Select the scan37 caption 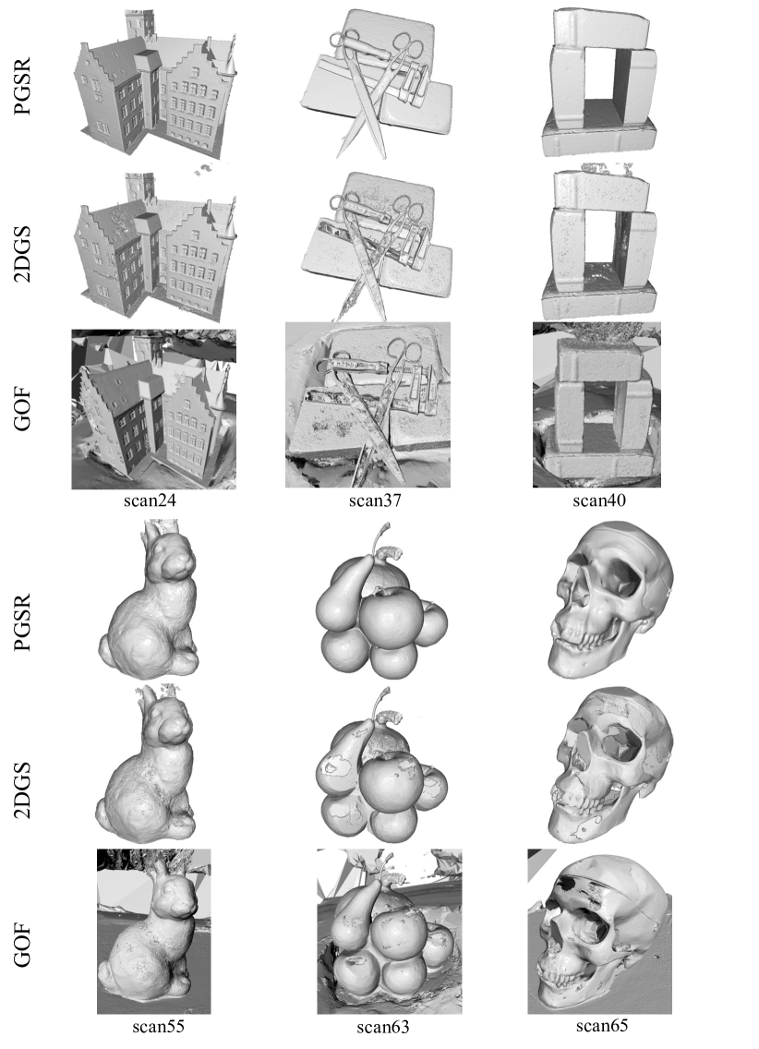(375, 500)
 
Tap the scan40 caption (599, 500)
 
